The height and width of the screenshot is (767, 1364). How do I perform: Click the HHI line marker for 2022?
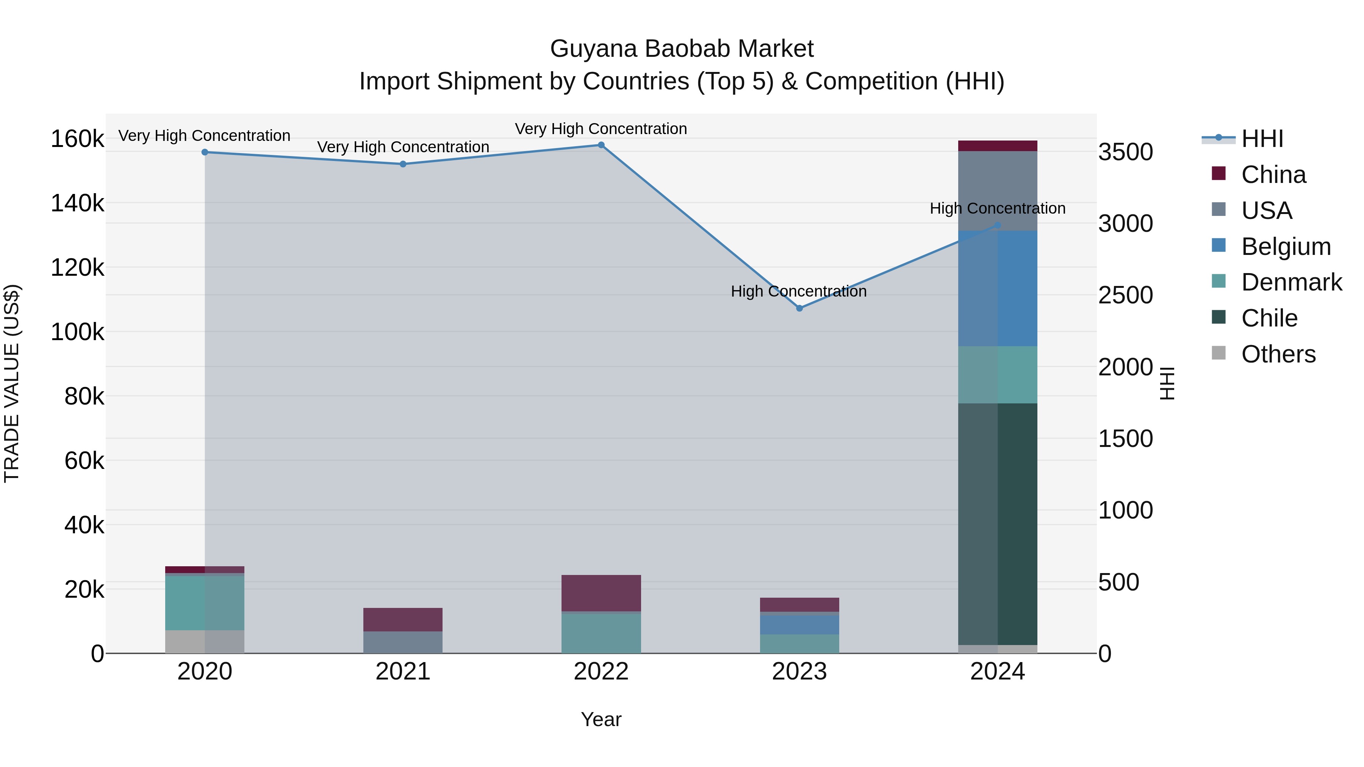(601, 145)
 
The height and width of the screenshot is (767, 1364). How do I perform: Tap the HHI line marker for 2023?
(799, 308)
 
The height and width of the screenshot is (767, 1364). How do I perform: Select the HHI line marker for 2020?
(205, 152)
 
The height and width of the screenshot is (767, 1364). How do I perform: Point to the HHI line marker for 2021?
(403, 164)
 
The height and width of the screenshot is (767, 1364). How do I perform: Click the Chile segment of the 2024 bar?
(998, 524)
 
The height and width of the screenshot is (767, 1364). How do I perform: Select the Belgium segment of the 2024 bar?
(998, 289)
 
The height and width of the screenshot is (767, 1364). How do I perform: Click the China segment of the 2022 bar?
(601, 593)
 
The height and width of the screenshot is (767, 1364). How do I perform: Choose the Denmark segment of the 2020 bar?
(205, 603)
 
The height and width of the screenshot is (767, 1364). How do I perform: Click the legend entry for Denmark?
(1291, 283)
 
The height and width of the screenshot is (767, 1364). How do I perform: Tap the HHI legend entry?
(1262, 139)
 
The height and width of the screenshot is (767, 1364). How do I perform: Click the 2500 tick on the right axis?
(1125, 295)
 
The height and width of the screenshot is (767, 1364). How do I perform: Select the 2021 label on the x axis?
(403, 672)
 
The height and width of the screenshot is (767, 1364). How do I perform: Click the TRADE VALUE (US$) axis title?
(12, 383)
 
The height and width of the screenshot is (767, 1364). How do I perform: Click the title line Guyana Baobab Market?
(682, 49)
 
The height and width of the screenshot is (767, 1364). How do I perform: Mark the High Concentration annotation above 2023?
(798, 291)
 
